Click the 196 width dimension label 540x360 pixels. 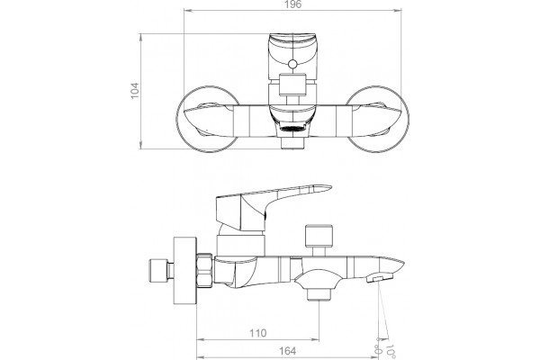point(293,4)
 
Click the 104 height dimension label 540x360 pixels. point(135,91)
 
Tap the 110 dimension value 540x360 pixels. point(258,333)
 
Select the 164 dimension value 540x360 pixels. point(288,351)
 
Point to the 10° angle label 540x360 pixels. point(391,352)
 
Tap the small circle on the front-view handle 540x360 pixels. point(292,64)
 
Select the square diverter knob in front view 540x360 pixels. point(292,84)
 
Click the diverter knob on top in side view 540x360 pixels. point(319,235)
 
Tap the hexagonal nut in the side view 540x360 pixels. point(204,270)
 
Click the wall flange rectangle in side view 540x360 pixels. point(184,270)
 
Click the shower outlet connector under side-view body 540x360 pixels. point(319,294)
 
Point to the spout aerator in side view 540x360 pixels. point(380,278)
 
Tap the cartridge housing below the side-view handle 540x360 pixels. point(240,246)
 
